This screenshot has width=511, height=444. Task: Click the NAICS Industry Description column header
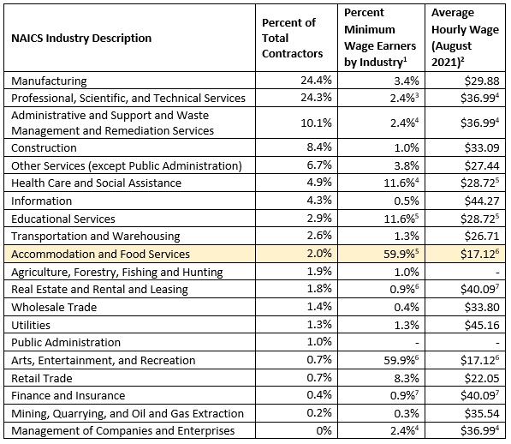(x=81, y=39)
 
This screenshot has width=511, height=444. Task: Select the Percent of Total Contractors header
(x=292, y=39)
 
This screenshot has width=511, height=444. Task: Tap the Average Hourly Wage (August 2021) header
(x=465, y=38)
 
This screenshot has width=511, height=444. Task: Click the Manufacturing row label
(x=49, y=81)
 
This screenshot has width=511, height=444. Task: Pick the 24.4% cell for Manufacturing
(x=316, y=81)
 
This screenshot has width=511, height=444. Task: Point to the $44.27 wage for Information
(x=482, y=201)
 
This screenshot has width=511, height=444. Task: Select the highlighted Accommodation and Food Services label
(x=100, y=254)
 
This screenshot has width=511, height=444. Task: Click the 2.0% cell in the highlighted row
(x=319, y=254)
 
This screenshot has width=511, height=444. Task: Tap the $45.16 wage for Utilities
(x=482, y=325)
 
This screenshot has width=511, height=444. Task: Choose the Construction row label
(x=44, y=147)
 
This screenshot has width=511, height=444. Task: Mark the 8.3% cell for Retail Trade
(x=407, y=378)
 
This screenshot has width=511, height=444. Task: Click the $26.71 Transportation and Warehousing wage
(x=482, y=236)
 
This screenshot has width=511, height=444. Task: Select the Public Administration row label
(x=66, y=342)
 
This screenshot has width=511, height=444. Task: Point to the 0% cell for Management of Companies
(x=324, y=430)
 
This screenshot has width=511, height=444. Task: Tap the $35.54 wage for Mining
(x=482, y=413)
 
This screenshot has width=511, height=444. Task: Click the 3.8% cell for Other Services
(x=407, y=165)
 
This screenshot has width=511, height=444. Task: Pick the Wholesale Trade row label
(x=54, y=307)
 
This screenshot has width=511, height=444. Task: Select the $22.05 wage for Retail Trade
(x=482, y=378)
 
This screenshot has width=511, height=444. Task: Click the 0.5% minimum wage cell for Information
(x=407, y=201)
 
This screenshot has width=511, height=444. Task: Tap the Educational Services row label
(x=62, y=219)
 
